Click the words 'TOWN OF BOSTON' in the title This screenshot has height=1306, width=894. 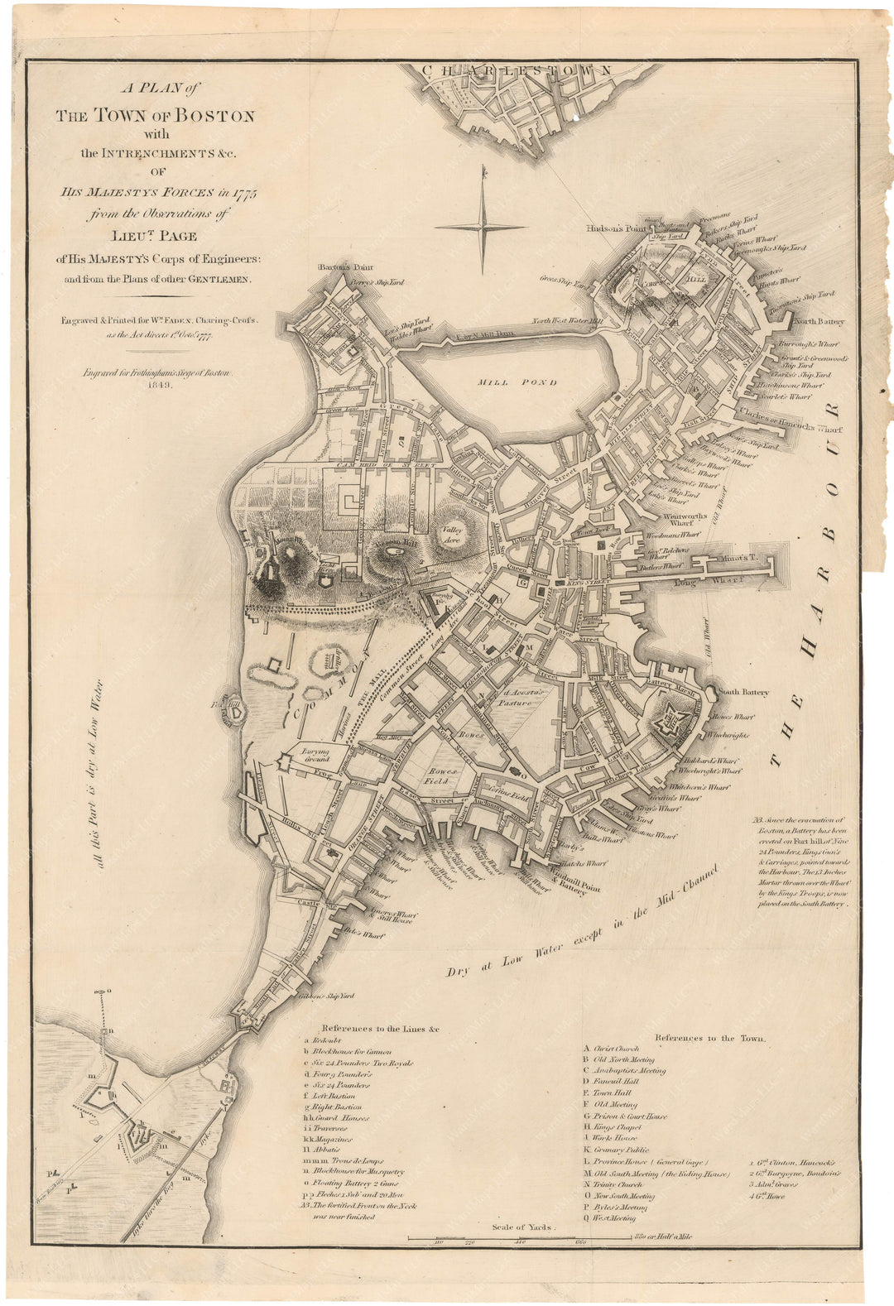point(155,116)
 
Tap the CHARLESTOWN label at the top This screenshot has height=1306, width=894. point(517,70)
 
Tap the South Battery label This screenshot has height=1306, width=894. point(743,692)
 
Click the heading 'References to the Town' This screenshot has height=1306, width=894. point(710,1037)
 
